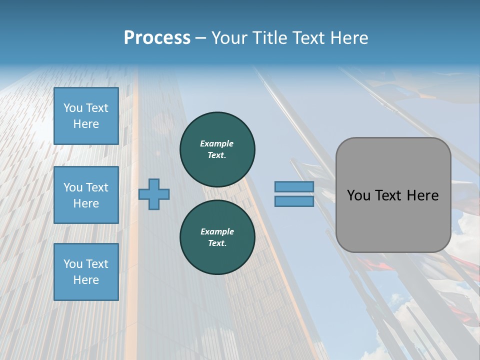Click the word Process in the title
coord(157,38)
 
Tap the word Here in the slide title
coord(347,38)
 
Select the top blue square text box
coord(86,116)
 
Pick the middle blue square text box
coord(86,195)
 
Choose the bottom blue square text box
coord(86,272)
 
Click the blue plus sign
coord(154,194)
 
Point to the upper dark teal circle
coord(217,149)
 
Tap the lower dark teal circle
coord(217,237)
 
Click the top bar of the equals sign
coord(294,187)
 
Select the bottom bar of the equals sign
coord(294,201)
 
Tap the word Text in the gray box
coord(391,195)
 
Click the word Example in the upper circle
coord(217,143)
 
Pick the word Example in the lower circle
coord(217,231)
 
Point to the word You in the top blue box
coord(73,108)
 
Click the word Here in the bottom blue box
coord(86,280)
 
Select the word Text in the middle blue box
coord(97,187)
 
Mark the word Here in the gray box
coord(423,195)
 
